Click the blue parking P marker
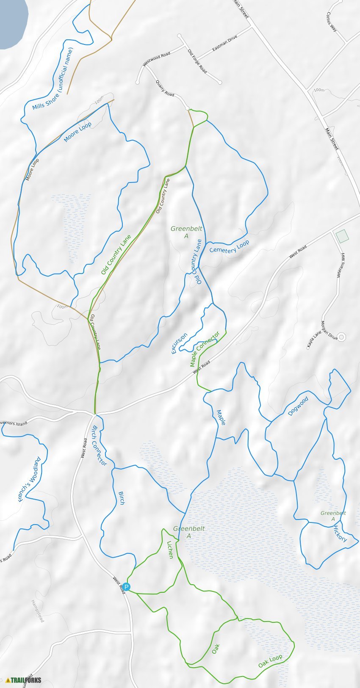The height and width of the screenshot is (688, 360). (127, 587)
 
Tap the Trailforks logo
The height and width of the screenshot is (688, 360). (24, 680)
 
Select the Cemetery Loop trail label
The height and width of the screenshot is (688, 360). (229, 247)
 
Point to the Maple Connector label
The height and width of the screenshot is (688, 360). (205, 349)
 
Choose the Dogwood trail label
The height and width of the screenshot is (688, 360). (298, 406)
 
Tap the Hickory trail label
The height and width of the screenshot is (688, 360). (340, 533)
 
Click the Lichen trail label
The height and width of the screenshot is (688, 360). (170, 550)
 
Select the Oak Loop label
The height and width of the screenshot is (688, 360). (270, 661)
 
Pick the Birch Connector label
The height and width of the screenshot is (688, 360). (99, 445)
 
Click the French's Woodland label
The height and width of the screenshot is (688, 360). (30, 479)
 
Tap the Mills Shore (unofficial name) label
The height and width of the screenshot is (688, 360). (53, 79)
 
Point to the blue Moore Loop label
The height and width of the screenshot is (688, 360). (78, 132)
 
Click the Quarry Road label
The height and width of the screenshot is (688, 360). (165, 88)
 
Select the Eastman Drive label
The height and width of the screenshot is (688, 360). (224, 43)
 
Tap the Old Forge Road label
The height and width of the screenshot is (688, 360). (197, 61)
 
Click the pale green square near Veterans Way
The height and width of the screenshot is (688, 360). (342, 236)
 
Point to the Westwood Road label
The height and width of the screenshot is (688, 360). (156, 59)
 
